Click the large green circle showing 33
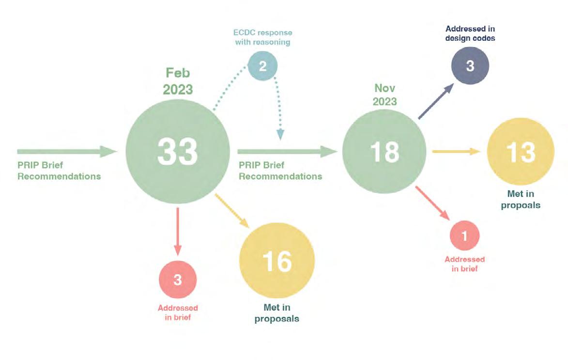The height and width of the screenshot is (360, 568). pyautogui.click(x=177, y=152)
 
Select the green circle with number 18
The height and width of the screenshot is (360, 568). pyautogui.click(x=384, y=152)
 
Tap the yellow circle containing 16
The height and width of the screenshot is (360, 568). pyautogui.click(x=277, y=260)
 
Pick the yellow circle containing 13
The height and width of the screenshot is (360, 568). pyautogui.click(x=521, y=152)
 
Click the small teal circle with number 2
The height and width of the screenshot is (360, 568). pyautogui.click(x=262, y=66)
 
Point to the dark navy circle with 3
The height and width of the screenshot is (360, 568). pyautogui.click(x=470, y=66)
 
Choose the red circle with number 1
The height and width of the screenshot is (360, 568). pyautogui.click(x=464, y=236)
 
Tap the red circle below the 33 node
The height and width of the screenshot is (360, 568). pyautogui.click(x=177, y=280)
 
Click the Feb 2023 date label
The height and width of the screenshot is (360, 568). pyautogui.click(x=178, y=81)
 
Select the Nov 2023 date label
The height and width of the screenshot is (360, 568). pyautogui.click(x=385, y=94)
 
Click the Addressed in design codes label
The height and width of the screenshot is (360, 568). pyautogui.click(x=470, y=33)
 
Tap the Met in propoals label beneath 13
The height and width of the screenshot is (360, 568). pyautogui.click(x=521, y=201)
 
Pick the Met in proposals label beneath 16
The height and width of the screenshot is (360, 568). pyautogui.click(x=277, y=313)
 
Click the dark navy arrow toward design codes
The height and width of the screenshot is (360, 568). pyautogui.click(x=435, y=101)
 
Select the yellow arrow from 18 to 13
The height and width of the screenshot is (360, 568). pyautogui.click(x=455, y=152)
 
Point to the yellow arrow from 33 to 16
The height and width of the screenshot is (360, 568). pyautogui.click(x=231, y=210)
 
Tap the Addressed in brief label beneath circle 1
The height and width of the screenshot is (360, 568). pyautogui.click(x=464, y=264)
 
